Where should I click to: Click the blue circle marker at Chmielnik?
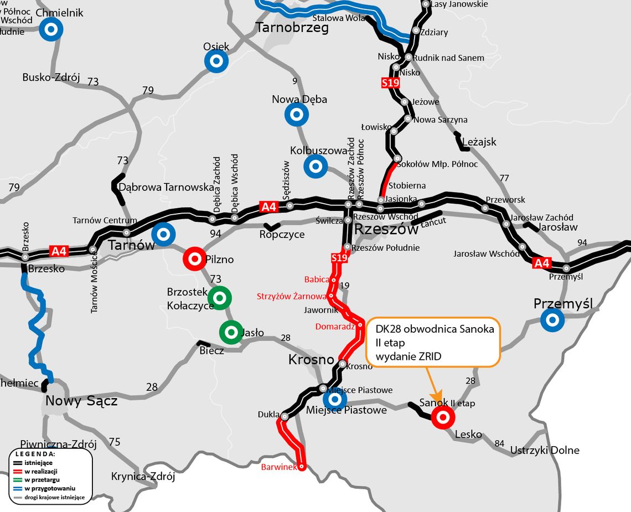(50, 30)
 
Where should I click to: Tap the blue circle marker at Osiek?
(216, 61)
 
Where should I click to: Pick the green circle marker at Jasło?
(230, 332)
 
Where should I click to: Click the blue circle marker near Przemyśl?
(552, 320)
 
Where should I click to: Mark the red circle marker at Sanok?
(443, 417)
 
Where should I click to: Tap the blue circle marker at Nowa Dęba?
(296, 115)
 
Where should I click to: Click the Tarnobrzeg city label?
(292, 28)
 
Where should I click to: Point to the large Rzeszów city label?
(386, 230)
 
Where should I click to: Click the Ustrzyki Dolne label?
(545, 450)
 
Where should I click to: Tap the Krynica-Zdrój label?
(143, 476)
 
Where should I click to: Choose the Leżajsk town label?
(479, 142)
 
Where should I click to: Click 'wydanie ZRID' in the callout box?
(408, 356)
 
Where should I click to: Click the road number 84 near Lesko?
(500, 443)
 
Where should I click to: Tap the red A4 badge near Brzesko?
(59, 251)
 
